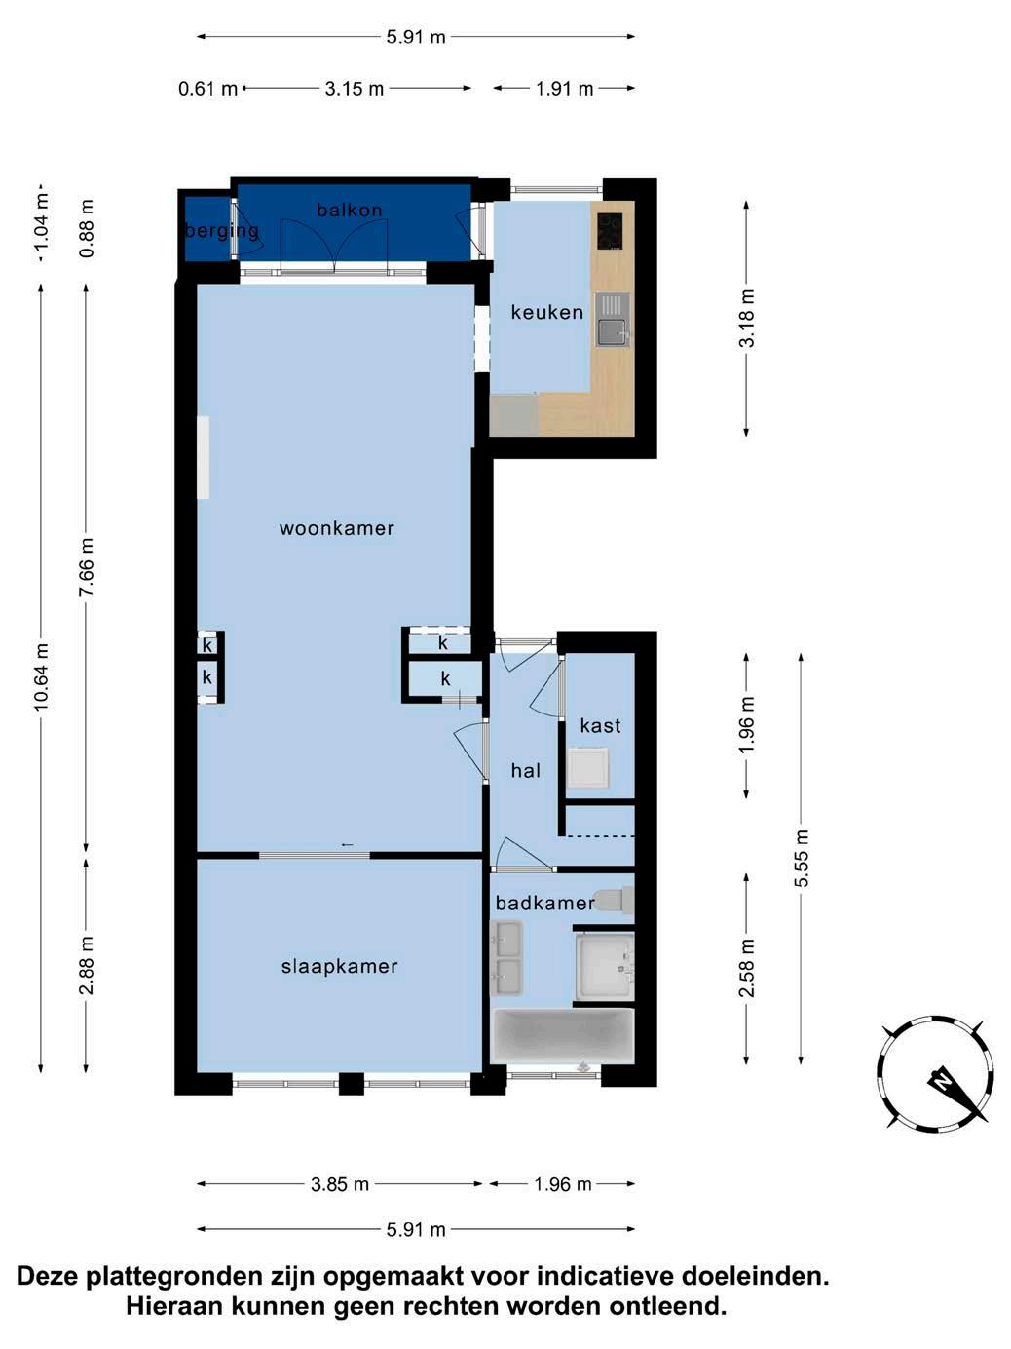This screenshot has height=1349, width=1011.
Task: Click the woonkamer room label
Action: [336, 528]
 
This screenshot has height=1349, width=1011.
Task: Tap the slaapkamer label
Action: [340, 967]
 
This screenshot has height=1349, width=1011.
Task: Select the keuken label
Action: [547, 312]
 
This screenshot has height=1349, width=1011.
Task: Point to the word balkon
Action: [350, 211]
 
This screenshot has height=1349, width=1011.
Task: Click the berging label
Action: [222, 231]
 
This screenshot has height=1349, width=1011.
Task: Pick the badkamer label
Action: [545, 903]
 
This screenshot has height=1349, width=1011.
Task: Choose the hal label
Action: [525, 771]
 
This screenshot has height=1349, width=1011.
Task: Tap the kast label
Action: [600, 726]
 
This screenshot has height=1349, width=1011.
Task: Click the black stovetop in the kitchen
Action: [610, 231]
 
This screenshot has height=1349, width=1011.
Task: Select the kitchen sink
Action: [613, 320]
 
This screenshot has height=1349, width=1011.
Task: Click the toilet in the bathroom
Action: [615, 901]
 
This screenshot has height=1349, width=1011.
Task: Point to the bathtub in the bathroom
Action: [564, 1037]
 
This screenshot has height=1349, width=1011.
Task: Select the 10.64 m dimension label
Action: [41, 677]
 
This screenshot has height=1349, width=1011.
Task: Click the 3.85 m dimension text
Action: [340, 1184]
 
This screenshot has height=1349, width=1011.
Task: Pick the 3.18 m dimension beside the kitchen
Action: [746, 319]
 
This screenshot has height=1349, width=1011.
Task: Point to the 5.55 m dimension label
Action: [801, 858]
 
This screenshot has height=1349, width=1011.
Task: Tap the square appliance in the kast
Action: [588, 768]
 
